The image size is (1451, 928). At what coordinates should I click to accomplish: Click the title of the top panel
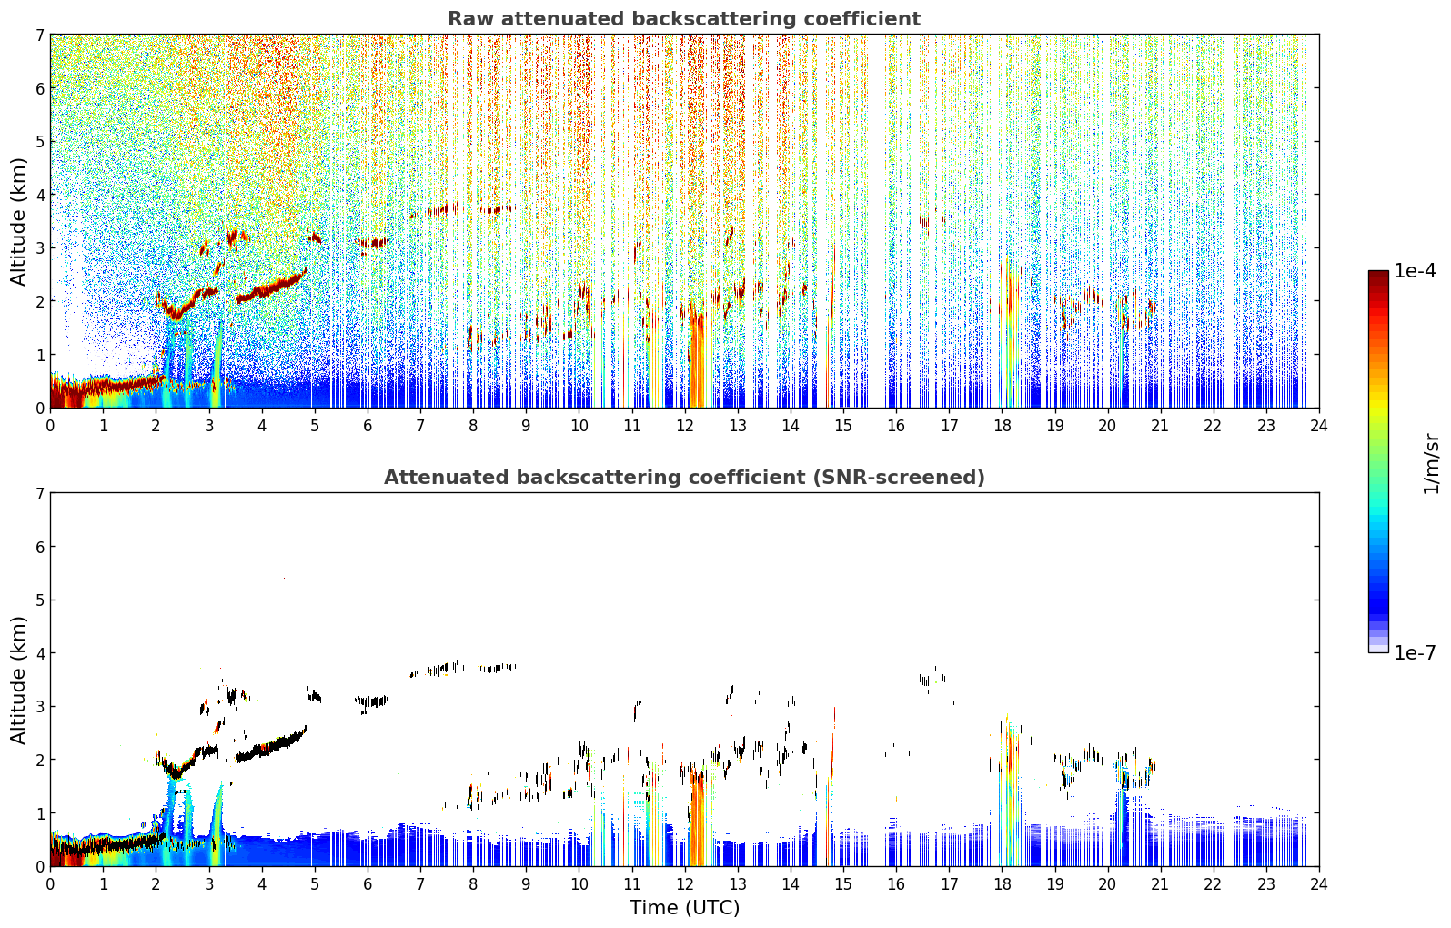684,19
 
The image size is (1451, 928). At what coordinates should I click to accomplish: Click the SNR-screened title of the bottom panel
684,477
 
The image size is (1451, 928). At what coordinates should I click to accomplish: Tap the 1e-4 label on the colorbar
1415,271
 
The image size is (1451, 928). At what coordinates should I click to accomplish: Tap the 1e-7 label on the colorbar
1415,652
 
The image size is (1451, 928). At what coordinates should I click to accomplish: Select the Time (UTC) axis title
684,907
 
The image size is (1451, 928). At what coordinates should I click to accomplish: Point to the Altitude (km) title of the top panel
18,222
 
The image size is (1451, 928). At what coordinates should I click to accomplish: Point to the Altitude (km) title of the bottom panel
18,680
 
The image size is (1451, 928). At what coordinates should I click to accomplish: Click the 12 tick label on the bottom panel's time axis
685,884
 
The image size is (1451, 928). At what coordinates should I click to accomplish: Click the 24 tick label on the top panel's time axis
1319,426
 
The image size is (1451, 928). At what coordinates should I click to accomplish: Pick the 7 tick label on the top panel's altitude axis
40,35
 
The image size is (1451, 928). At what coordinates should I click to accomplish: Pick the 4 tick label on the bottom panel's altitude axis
40,653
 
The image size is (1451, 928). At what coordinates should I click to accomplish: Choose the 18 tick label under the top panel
1003,426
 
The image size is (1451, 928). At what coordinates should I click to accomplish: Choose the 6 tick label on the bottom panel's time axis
368,884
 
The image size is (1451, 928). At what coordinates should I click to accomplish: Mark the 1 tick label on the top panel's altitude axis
40,355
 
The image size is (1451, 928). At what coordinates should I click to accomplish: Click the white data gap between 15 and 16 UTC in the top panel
876,220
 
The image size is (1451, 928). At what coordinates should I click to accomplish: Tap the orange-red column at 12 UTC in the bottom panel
698,816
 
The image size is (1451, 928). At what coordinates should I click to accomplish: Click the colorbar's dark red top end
1378,275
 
